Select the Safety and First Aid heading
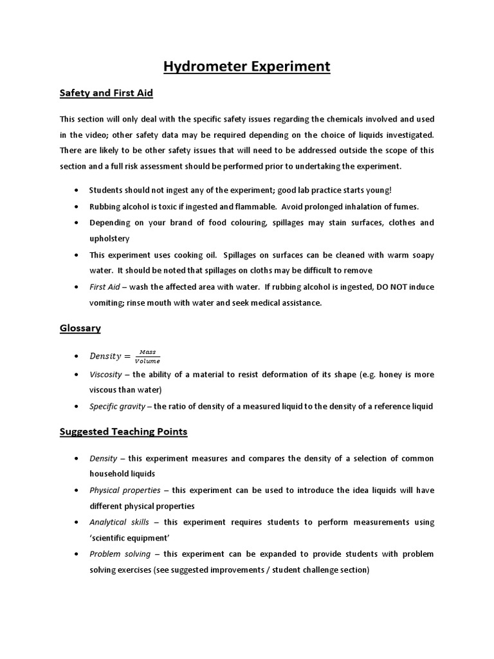coord(106,93)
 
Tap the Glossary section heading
coord(80,328)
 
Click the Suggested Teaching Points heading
coord(123,432)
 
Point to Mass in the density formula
coord(148,352)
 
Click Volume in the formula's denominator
coord(148,361)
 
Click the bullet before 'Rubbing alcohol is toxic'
coord(77,207)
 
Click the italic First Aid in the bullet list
coord(104,286)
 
